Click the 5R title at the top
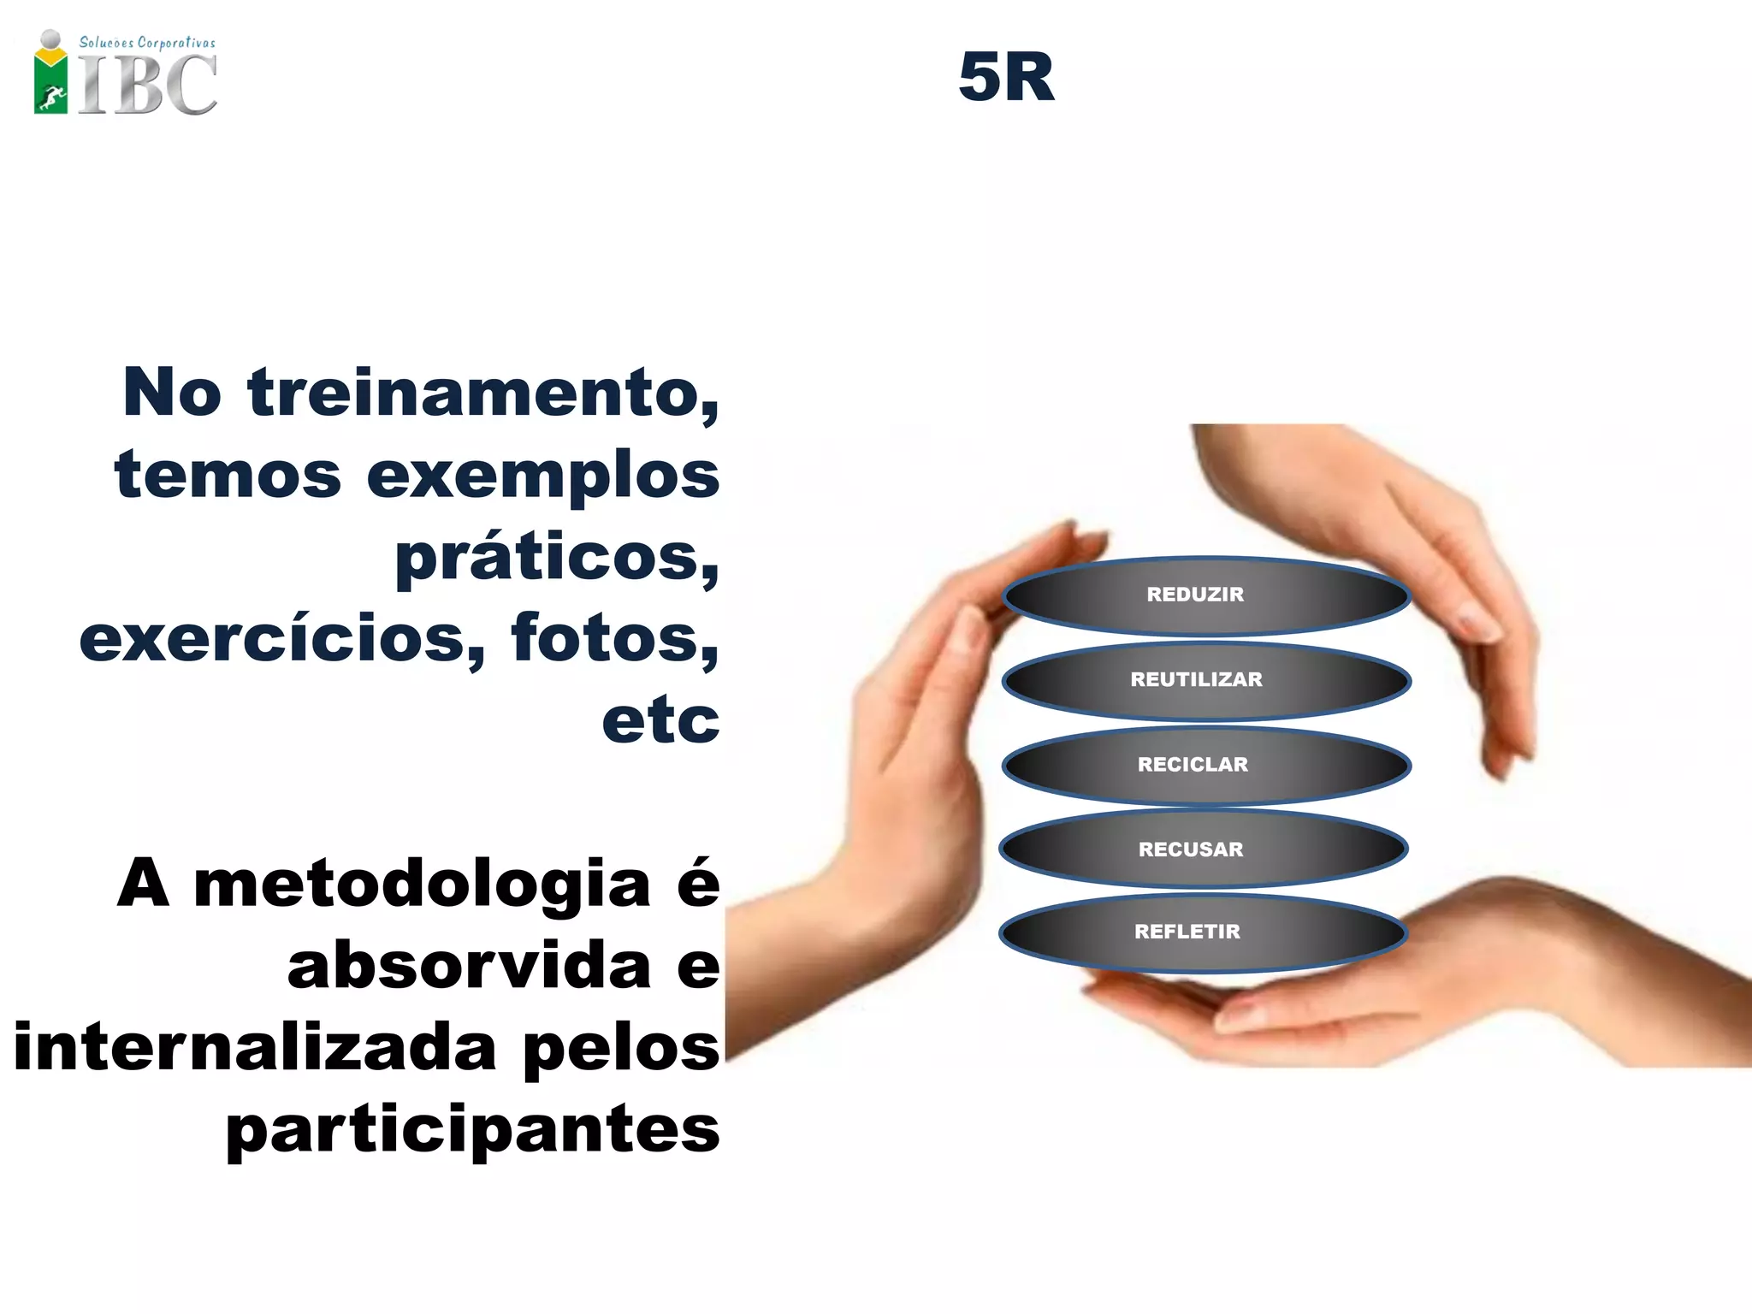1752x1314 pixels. (1006, 77)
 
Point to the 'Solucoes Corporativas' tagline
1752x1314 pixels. (147, 42)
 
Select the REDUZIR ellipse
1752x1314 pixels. (1205, 595)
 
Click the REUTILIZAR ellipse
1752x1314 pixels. (1205, 680)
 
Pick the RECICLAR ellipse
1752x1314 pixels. (1205, 765)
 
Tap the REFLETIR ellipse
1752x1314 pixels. (1203, 932)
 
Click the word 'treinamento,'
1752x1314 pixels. (483, 393)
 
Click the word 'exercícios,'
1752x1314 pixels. (282, 638)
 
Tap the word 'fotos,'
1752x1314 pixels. (614, 638)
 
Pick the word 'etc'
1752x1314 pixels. (660, 720)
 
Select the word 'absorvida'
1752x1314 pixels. (470, 966)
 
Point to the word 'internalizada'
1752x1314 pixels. (255, 1047)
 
